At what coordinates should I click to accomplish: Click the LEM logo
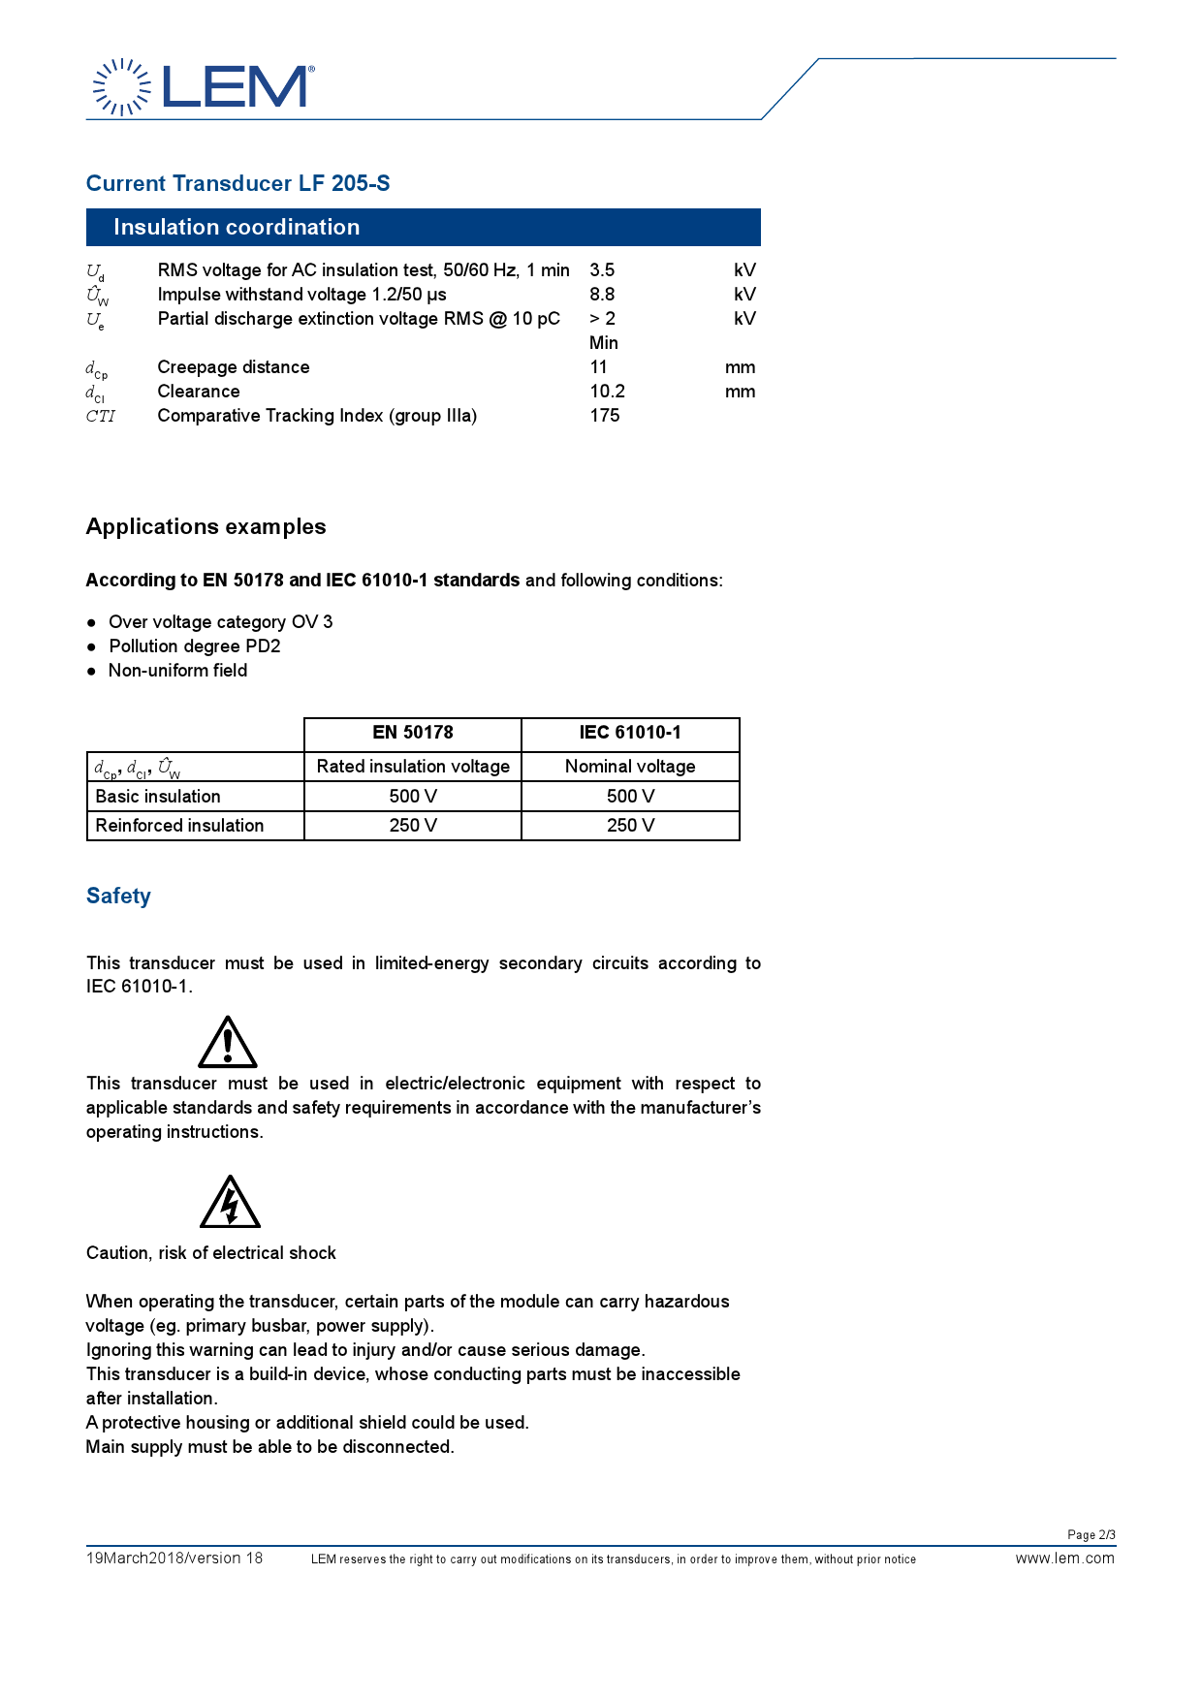(203, 87)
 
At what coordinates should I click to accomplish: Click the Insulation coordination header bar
(423, 227)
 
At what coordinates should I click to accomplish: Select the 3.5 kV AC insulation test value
(602, 270)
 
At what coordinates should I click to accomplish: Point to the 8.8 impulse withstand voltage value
(602, 295)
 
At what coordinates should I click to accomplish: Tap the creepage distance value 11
(599, 367)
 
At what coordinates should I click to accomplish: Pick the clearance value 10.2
(607, 392)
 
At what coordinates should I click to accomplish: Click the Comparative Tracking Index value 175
(605, 416)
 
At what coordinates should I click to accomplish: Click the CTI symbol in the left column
(100, 417)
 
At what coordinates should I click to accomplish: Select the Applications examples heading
(206, 526)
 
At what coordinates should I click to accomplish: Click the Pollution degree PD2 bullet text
(195, 646)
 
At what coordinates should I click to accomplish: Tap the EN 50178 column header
(413, 733)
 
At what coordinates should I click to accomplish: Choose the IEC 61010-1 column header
(630, 733)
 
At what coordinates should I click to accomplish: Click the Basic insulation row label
(158, 797)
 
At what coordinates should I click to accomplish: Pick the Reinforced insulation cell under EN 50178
(413, 826)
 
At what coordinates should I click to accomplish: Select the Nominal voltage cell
(630, 767)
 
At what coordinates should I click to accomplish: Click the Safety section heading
(118, 897)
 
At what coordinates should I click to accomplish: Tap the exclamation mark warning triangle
(228, 1043)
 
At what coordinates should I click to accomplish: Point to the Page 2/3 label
(1091, 1535)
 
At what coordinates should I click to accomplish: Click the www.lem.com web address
(1064, 1558)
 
